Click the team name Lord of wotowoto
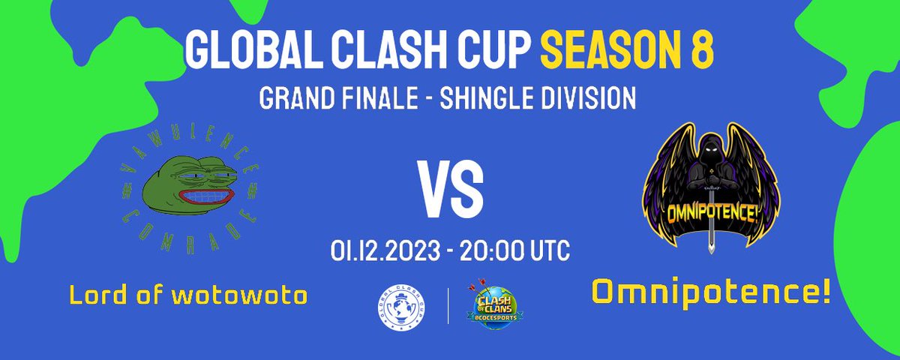click(188, 295)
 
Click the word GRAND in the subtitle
click(289, 97)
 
